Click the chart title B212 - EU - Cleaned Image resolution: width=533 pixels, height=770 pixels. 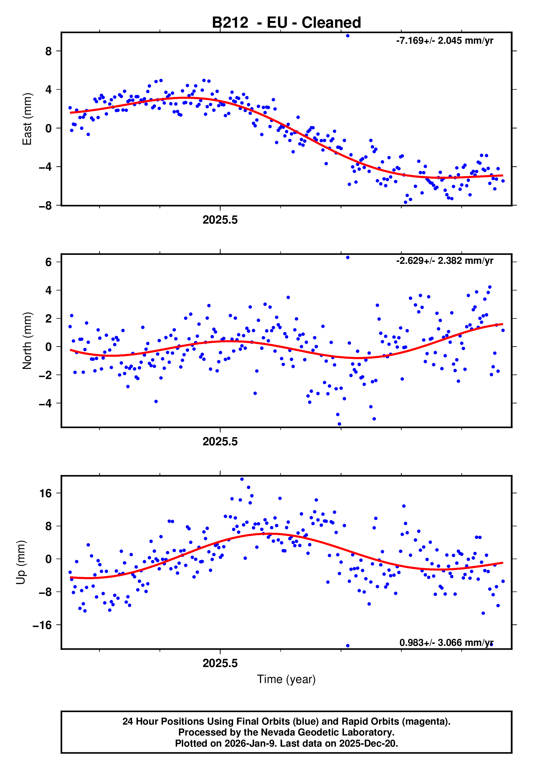286,23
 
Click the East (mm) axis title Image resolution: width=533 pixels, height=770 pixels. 27,119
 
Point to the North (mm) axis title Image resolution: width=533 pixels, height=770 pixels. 27,341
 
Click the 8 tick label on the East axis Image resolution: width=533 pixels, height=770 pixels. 49,51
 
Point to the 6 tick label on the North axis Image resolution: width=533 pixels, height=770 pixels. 49,262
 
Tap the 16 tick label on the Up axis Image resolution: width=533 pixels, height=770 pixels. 45,493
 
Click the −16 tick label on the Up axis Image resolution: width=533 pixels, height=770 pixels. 42,625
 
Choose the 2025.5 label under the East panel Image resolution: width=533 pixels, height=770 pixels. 220,220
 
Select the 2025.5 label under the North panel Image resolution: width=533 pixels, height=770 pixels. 220,442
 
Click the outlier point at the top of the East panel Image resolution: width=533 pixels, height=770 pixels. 348,36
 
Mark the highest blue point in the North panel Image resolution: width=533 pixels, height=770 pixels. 348,258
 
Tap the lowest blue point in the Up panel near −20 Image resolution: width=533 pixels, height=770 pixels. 348,646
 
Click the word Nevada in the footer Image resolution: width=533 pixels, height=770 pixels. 276,732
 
